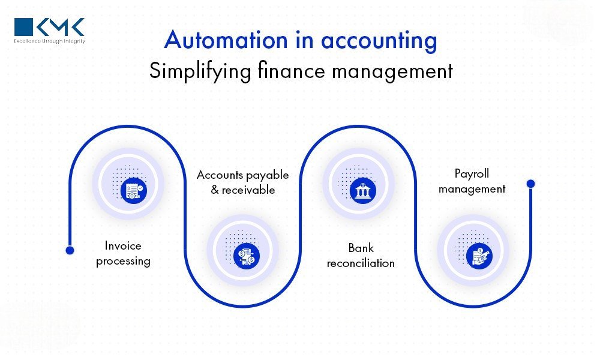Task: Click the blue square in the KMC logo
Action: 24,27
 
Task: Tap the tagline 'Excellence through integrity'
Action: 50,41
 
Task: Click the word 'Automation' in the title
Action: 226,40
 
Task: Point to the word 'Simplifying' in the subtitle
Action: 200,71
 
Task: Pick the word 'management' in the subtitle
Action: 392,72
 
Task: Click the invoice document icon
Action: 134,191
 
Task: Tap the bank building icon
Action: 363,191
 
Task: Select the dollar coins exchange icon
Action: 247,256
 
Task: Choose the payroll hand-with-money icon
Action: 479,256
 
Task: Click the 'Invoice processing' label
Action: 123,253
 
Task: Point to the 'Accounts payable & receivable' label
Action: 242,182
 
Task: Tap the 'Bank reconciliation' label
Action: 361,255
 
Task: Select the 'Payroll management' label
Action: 472,181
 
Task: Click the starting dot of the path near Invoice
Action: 70,250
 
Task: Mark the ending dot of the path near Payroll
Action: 531,184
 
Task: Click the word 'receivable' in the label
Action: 248,190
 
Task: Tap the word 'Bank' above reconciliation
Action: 361,248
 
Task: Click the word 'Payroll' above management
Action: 472,174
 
